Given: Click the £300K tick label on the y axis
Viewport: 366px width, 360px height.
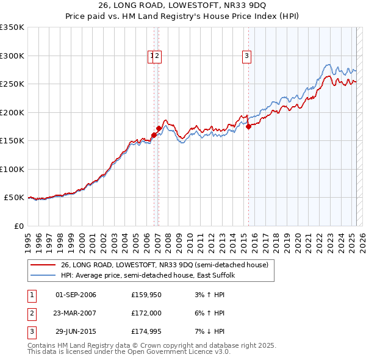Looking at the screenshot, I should click(12, 56).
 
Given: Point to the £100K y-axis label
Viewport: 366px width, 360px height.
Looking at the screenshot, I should click(12, 169).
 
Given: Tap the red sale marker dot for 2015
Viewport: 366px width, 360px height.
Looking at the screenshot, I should click(248, 127).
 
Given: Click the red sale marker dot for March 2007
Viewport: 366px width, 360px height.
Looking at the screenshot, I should click(159, 129).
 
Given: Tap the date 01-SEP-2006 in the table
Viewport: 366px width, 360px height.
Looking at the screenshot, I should click(76, 295).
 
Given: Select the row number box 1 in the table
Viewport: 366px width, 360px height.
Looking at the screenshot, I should click(31, 295).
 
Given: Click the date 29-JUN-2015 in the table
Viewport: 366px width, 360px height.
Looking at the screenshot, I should click(76, 331).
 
